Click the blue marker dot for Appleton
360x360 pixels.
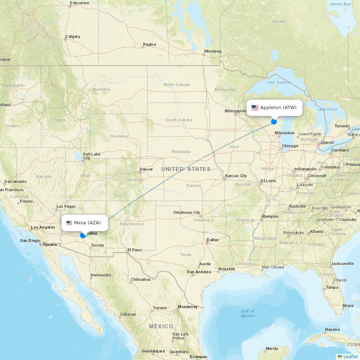point(274,122)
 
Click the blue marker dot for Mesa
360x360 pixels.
point(83,235)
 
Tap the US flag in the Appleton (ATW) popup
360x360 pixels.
point(255,108)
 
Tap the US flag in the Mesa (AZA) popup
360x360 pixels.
point(69,223)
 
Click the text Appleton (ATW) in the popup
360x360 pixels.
point(278,108)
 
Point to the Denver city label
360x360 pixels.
point(146,169)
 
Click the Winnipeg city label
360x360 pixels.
point(212,51)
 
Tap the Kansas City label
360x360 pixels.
point(236,176)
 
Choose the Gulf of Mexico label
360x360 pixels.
point(247,313)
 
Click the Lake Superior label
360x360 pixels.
point(279,82)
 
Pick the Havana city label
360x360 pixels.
point(332,329)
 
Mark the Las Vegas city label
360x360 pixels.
point(66,207)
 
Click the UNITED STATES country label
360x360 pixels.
point(186,169)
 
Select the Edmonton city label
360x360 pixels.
point(80,3)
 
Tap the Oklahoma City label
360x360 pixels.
point(186,212)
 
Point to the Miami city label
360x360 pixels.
point(348,306)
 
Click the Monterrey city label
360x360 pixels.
point(188,307)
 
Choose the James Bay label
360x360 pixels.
point(340,4)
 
